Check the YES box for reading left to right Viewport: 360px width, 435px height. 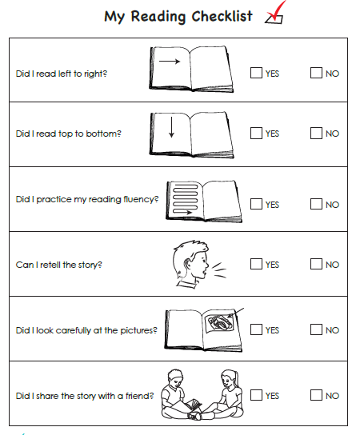(256, 73)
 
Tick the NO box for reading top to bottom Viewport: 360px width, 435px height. (316, 134)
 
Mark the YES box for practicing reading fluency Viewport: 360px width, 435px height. (256, 204)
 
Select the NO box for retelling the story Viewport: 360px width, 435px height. (316, 264)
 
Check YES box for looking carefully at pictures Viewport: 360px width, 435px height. (256, 329)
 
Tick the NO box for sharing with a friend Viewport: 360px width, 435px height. (316, 395)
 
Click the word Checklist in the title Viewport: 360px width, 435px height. (222, 16)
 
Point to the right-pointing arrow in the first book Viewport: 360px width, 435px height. (170, 62)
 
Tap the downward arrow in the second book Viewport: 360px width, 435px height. (171, 127)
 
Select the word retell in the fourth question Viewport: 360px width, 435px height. (50, 265)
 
